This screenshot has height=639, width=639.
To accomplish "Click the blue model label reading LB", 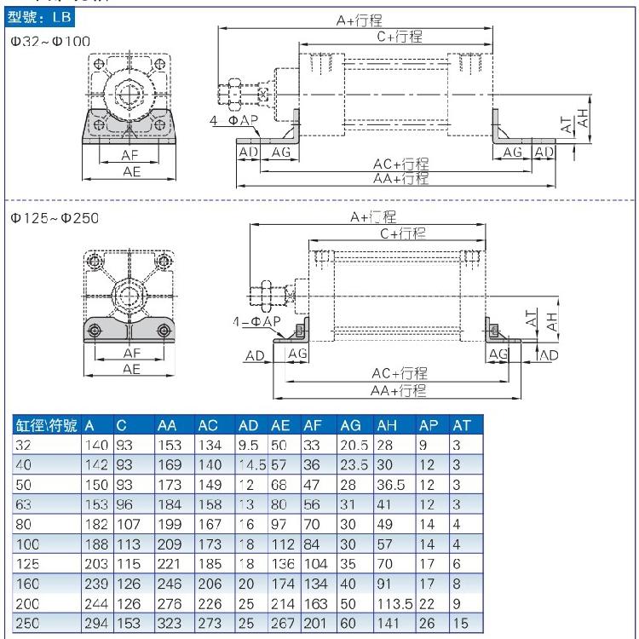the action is click(x=39, y=17).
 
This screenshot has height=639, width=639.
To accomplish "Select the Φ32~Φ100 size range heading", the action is click(x=50, y=41).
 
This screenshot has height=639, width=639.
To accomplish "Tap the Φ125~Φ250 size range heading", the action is click(x=55, y=218).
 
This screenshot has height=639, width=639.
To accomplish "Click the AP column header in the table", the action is click(x=429, y=425).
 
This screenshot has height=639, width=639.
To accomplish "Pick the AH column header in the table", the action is click(x=387, y=425).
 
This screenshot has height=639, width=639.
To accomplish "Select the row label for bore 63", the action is click(x=23, y=504).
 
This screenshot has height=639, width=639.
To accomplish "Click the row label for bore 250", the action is click(x=27, y=623).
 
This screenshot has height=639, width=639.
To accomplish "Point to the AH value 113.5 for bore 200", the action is click(x=394, y=603).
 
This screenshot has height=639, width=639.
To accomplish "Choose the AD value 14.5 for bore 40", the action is click(x=252, y=465).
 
